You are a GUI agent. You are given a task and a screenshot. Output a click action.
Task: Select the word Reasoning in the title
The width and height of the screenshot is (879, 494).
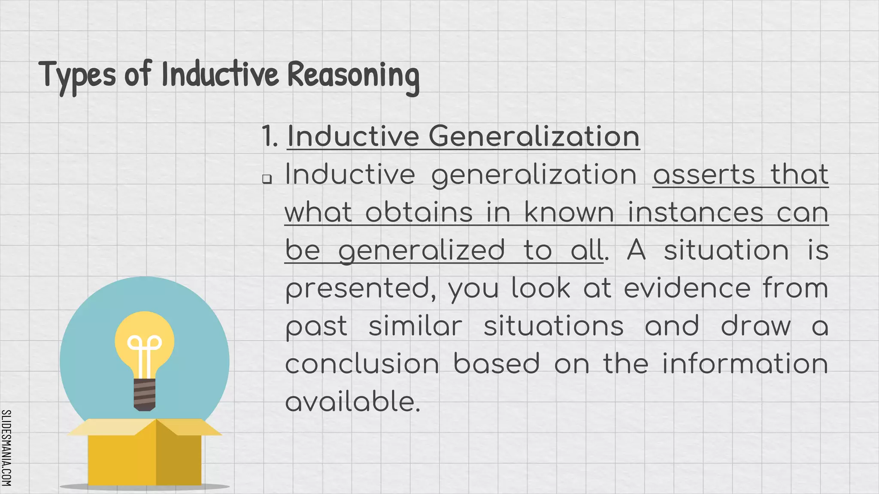pyautogui.click(x=353, y=75)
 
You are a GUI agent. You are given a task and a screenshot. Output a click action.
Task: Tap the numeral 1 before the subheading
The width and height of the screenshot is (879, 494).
pyautogui.click(x=268, y=136)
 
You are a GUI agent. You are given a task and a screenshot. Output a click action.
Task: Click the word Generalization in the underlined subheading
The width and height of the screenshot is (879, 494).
pyautogui.click(x=534, y=136)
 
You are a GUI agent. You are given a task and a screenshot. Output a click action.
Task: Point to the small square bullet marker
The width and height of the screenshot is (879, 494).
pyautogui.click(x=267, y=179)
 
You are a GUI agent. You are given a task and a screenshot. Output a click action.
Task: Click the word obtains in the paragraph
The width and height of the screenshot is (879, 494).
pyautogui.click(x=419, y=213)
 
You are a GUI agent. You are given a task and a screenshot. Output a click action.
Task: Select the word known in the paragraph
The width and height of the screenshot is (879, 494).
pyautogui.click(x=569, y=213)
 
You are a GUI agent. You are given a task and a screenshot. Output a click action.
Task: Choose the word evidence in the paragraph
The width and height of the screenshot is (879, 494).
pyautogui.click(x=687, y=288)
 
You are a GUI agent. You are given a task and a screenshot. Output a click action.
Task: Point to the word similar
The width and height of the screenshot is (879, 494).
pyautogui.click(x=415, y=326)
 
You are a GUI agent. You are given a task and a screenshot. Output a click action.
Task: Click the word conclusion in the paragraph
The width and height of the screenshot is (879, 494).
pyautogui.click(x=362, y=364)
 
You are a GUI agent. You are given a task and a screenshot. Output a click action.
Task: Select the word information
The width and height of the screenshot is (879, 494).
pyautogui.click(x=745, y=364)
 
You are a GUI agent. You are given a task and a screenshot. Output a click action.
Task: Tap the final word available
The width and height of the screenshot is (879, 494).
pyautogui.click(x=352, y=402)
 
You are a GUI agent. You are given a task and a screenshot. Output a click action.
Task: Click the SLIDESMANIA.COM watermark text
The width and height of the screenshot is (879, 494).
pyautogui.click(x=6, y=448)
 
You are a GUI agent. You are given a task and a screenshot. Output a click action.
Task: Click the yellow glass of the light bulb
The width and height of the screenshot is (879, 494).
pyautogui.click(x=145, y=330)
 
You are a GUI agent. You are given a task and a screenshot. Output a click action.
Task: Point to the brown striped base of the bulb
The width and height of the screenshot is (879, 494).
pyautogui.click(x=145, y=394)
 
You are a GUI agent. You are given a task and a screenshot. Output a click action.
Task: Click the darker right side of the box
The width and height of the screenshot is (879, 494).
pyautogui.click(x=179, y=459)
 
